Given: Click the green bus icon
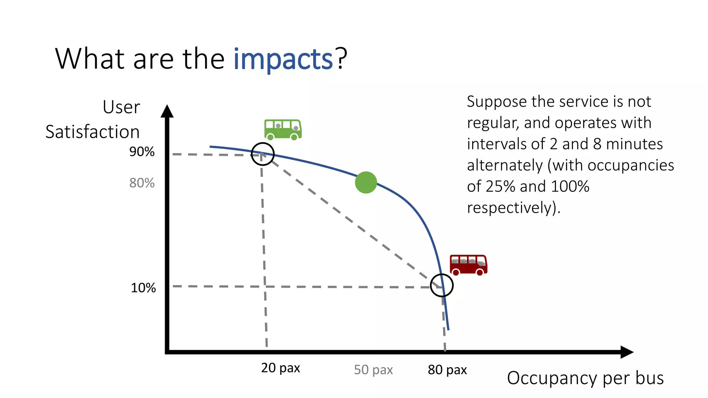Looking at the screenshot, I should coord(283,129).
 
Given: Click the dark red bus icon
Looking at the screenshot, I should coord(468,265).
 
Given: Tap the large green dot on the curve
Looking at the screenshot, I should coord(366,182).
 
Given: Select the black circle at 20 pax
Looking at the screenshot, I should coord(263,154).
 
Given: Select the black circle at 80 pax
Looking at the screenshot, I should coord(442,285).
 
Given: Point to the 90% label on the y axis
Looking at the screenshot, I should coord(142,152).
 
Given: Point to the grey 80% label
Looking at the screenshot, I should coord(142,183).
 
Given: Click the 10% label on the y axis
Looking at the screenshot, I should coord(143,288).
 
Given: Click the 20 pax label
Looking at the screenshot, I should coord(280,368).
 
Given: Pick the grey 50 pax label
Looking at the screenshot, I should coord(373,370).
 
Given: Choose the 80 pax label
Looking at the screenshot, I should coord(447,370).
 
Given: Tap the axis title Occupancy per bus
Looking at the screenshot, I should coord(585,378).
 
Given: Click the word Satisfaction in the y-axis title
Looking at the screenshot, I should coord(93,132).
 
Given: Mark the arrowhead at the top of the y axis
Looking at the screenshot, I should coord(167,111).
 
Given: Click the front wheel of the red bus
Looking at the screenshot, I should coord(480,272).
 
